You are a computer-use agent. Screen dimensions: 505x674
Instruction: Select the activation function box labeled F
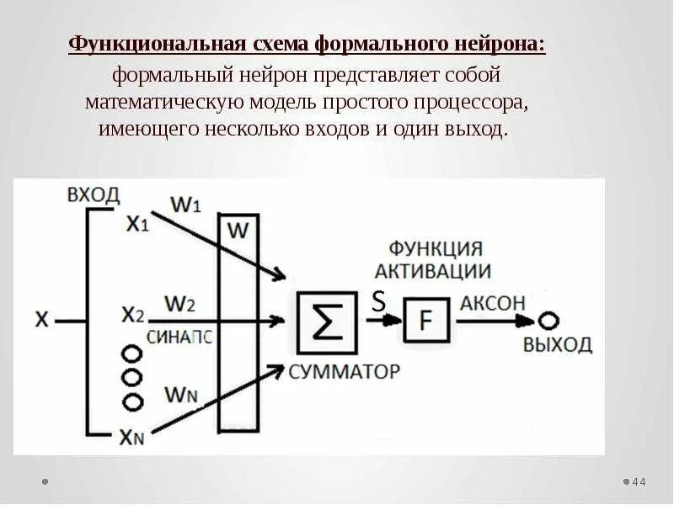[x=425, y=321]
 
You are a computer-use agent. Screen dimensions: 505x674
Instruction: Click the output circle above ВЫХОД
[x=548, y=321]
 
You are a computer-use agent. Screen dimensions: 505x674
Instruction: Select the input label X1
[x=137, y=223]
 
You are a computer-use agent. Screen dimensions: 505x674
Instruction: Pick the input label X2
[x=133, y=315]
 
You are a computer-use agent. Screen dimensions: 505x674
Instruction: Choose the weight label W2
[x=179, y=300]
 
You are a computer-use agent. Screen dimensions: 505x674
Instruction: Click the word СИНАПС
[x=179, y=336]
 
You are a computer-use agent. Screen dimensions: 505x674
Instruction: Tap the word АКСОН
[x=493, y=304]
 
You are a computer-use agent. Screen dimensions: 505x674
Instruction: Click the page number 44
[x=638, y=482]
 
